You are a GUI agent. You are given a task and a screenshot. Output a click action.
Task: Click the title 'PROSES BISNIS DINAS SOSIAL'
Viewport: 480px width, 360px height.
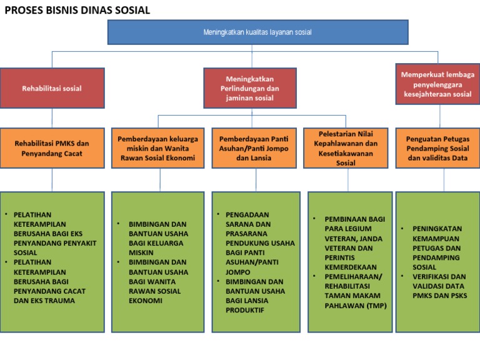77,11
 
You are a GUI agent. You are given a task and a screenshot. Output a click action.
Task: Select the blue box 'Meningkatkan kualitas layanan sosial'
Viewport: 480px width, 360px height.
257,32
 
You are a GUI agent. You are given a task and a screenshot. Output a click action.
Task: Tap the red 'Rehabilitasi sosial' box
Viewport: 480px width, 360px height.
52,89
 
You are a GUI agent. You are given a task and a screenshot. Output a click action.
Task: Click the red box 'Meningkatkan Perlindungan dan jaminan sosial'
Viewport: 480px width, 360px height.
250,88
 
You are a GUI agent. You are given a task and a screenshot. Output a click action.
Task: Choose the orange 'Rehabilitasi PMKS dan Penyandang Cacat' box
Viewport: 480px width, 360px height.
52,148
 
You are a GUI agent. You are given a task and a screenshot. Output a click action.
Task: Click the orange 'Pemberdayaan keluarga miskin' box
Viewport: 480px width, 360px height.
158,148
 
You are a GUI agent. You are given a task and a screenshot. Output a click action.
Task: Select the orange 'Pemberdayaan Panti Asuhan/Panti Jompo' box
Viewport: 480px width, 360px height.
254,148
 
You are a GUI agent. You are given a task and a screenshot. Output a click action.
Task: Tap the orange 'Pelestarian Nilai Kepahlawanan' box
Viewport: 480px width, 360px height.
346,148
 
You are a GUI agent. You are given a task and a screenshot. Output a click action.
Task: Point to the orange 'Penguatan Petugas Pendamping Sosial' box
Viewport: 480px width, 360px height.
437,148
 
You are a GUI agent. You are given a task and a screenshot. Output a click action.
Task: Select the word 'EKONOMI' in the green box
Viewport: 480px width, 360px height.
146,301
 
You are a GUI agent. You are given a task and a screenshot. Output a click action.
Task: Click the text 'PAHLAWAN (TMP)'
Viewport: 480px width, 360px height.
356,306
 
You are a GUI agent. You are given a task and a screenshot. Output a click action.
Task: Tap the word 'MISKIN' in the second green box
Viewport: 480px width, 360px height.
141,252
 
